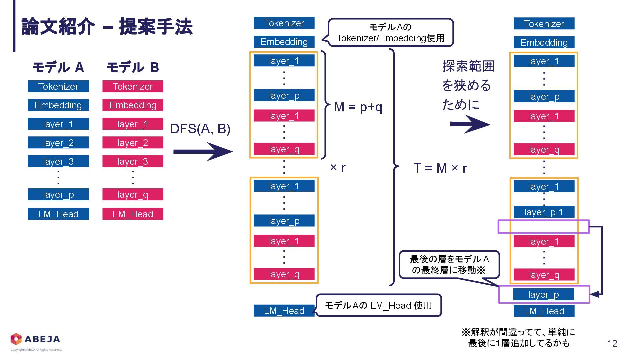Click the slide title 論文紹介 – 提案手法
point(107,27)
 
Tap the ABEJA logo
point(35,339)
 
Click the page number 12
point(612,344)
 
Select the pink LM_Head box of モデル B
point(133,214)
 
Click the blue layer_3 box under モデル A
point(58,161)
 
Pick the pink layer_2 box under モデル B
point(133,143)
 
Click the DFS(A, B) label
point(200,129)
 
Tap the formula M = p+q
point(358,107)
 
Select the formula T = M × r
point(440,168)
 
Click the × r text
point(338,167)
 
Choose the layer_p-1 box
point(544,212)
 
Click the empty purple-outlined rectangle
point(543,227)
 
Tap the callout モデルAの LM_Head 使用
point(378,305)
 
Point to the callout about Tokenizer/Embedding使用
point(390,33)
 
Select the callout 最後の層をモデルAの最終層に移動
point(449,264)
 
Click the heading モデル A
point(58,67)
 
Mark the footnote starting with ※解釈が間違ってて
point(518,337)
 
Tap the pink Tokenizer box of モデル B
point(133,86)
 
